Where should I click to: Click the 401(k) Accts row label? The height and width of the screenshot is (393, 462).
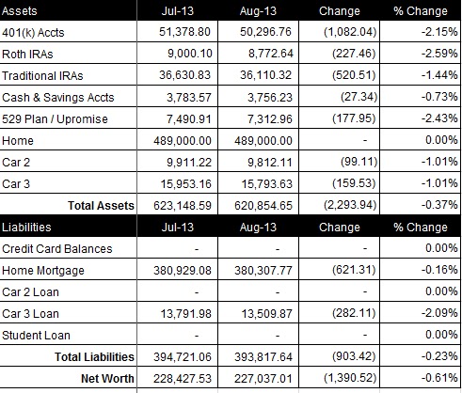[33, 32]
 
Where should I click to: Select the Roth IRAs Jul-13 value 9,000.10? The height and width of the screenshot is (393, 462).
[190, 54]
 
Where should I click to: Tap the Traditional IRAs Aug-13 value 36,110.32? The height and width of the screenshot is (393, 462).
[266, 75]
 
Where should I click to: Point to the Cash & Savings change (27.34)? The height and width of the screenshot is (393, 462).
[358, 97]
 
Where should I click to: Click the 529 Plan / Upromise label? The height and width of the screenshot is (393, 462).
[55, 119]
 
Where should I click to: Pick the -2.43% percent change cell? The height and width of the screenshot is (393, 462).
[439, 118]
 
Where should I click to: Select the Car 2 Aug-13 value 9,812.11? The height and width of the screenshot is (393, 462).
[270, 162]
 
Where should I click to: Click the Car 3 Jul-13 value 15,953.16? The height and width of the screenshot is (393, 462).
[186, 183]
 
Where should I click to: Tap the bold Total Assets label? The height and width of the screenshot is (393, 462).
[101, 205]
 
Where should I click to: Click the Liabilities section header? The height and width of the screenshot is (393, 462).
[26, 227]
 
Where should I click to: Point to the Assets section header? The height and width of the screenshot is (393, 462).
[20, 10]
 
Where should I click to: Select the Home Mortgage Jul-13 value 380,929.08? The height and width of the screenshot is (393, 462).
[183, 270]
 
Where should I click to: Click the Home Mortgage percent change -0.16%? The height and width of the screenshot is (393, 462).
[439, 270]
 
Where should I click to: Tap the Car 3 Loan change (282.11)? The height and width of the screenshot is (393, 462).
[354, 313]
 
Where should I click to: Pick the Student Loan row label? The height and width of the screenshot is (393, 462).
[36, 335]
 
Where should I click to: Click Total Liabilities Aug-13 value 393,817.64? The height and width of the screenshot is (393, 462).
[263, 356]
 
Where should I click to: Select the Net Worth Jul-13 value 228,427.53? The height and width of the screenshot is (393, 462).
[183, 378]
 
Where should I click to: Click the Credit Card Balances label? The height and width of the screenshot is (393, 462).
[57, 248]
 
